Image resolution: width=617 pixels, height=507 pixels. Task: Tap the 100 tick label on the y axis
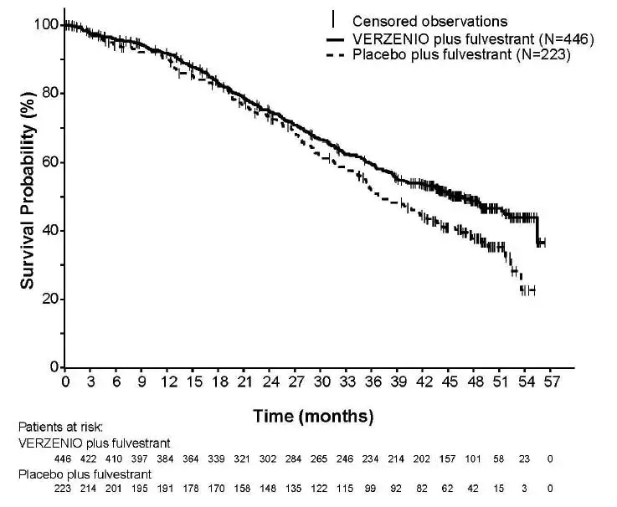click(x=46, y=25)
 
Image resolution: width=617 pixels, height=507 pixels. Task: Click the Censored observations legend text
click(x=430, y=21)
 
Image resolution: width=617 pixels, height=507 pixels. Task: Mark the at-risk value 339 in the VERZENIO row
click(x=218, y=459)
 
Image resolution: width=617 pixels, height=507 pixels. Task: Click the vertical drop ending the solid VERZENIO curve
click(x=537, y=230)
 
